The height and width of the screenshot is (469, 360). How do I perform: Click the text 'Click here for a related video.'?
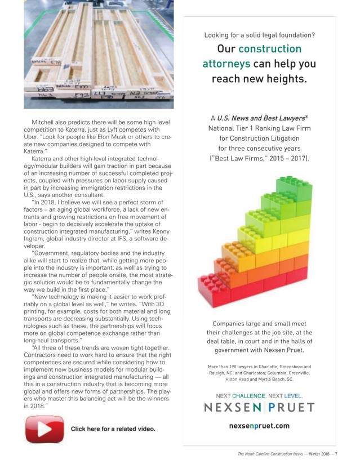coord(113,429)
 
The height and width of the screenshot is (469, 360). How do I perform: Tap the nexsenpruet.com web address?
coord(259,426)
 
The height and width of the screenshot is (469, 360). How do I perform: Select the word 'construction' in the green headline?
coord(270,49)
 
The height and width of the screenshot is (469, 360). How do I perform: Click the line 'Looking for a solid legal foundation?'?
coord(259,35)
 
